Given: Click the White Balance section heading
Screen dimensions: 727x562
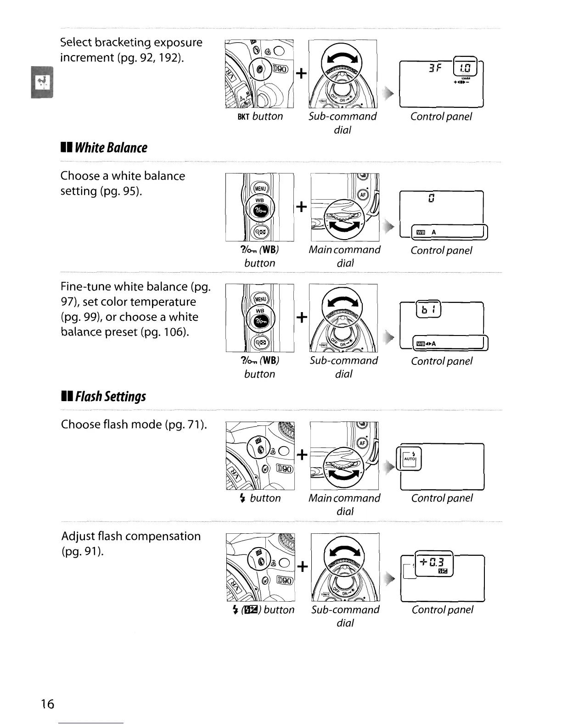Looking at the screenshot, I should [104, 148].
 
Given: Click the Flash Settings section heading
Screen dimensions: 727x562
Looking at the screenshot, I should [103, 396].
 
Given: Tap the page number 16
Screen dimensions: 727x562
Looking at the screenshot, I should [47, 704].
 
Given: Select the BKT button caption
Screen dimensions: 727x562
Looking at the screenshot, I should [260, 117].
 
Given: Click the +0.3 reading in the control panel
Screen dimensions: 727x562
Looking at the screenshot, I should [433, 562].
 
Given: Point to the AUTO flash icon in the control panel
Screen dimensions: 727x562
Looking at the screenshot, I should [410, 458].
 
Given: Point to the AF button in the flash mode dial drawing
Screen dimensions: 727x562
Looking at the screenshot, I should [363, 443].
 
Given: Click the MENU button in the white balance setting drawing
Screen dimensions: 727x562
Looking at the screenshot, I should [260, 189].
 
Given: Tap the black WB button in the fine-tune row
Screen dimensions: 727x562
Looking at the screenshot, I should [260, 321].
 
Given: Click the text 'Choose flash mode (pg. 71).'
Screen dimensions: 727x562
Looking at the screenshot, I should [134, 424].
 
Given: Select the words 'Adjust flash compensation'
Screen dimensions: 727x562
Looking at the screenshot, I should [131, 536].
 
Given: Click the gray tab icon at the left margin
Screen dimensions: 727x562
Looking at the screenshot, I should [42, 82].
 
